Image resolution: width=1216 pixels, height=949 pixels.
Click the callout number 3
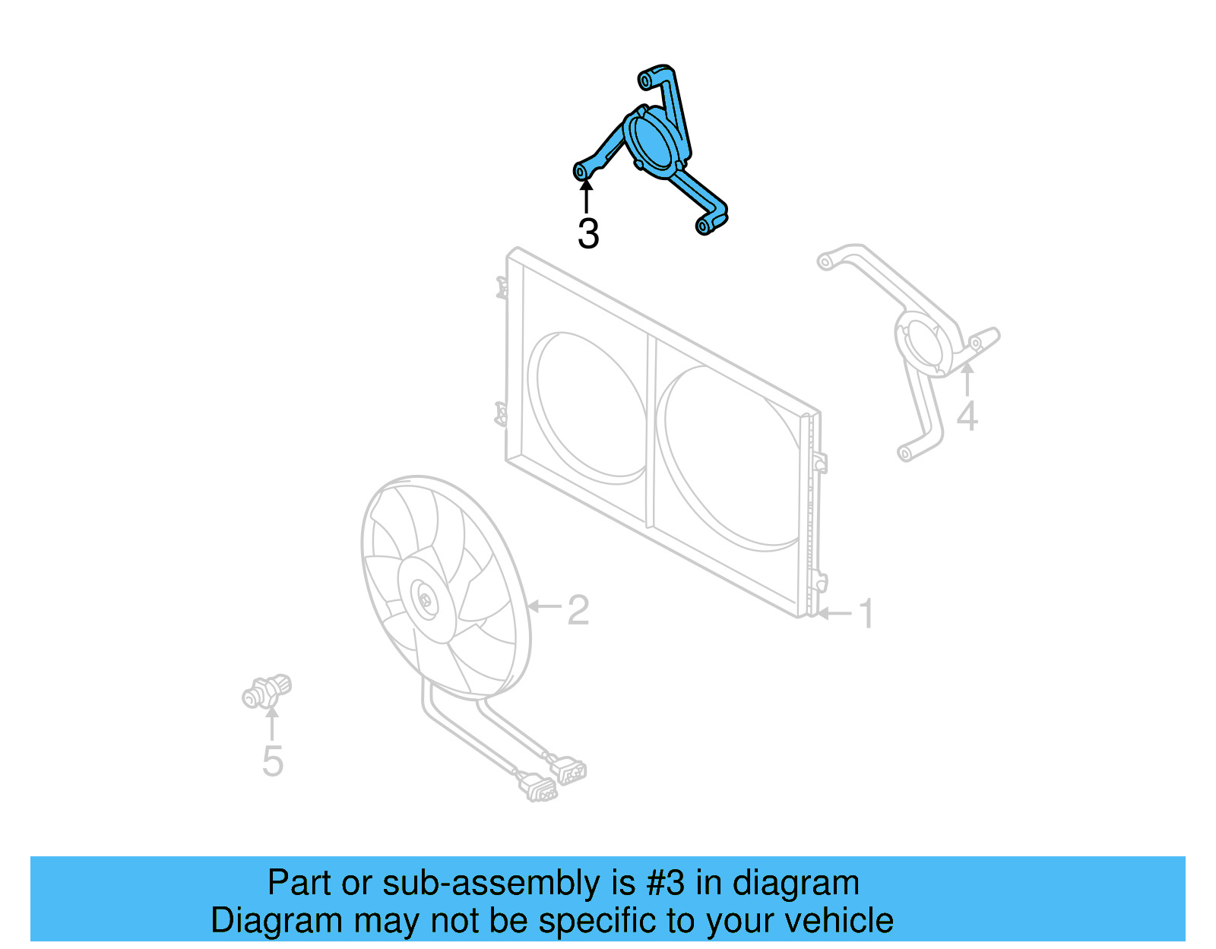point(587,234)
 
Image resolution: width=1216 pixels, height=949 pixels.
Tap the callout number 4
point(967,416)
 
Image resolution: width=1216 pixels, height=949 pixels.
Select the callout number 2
point(578,610)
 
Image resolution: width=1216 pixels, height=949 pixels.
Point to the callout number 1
point(866,614)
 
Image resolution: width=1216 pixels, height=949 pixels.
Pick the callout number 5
point(272,761)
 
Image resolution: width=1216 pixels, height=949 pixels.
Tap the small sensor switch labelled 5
point(267,691)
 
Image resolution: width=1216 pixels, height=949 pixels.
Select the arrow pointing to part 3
point(586,193)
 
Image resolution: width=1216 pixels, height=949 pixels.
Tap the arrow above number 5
point(272,722)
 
